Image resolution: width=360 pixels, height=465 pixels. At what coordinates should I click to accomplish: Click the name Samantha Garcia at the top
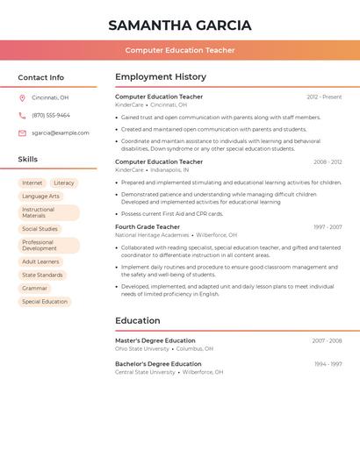click(180, 25)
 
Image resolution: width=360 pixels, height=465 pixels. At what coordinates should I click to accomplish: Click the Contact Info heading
click(41, 77)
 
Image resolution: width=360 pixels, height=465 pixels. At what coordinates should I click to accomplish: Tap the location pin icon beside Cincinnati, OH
click(22, 97)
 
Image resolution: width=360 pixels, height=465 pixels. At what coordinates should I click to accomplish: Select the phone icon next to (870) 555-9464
click(22, 115)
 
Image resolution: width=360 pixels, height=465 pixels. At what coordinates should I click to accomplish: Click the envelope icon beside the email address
click(22, 132)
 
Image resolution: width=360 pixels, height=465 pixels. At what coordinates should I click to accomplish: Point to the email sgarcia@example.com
click(61, 132)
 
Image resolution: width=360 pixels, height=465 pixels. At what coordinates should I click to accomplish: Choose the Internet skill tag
click(32, 183)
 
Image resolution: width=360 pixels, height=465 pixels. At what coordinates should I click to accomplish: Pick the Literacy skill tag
click(64, 183)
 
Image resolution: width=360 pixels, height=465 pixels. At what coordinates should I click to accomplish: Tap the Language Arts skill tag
click(41, 197)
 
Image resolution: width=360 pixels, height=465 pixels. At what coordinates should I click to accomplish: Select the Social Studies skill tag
click(40, 229)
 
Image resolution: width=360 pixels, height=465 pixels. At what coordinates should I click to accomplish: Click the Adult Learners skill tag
click(40, 261)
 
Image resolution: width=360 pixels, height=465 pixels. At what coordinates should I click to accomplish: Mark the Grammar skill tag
click(35, 288)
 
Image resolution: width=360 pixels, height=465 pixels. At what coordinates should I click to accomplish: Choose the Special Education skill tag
click(45, 302)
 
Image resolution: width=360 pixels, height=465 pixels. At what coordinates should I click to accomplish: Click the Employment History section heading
click(161, 77)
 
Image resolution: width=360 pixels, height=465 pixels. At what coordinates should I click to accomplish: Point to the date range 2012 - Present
click(324, 97)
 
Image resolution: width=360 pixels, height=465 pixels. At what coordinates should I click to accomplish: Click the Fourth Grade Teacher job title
click(148, 226)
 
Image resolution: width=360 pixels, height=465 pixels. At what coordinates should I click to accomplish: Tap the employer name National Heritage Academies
click(152, 235)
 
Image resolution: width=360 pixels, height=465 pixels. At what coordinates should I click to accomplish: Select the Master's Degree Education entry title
click(155, 340)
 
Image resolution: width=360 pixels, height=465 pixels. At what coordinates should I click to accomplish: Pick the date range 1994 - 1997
click(328, 363)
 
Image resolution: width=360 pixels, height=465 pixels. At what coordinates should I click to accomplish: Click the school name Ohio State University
click(142, 348)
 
